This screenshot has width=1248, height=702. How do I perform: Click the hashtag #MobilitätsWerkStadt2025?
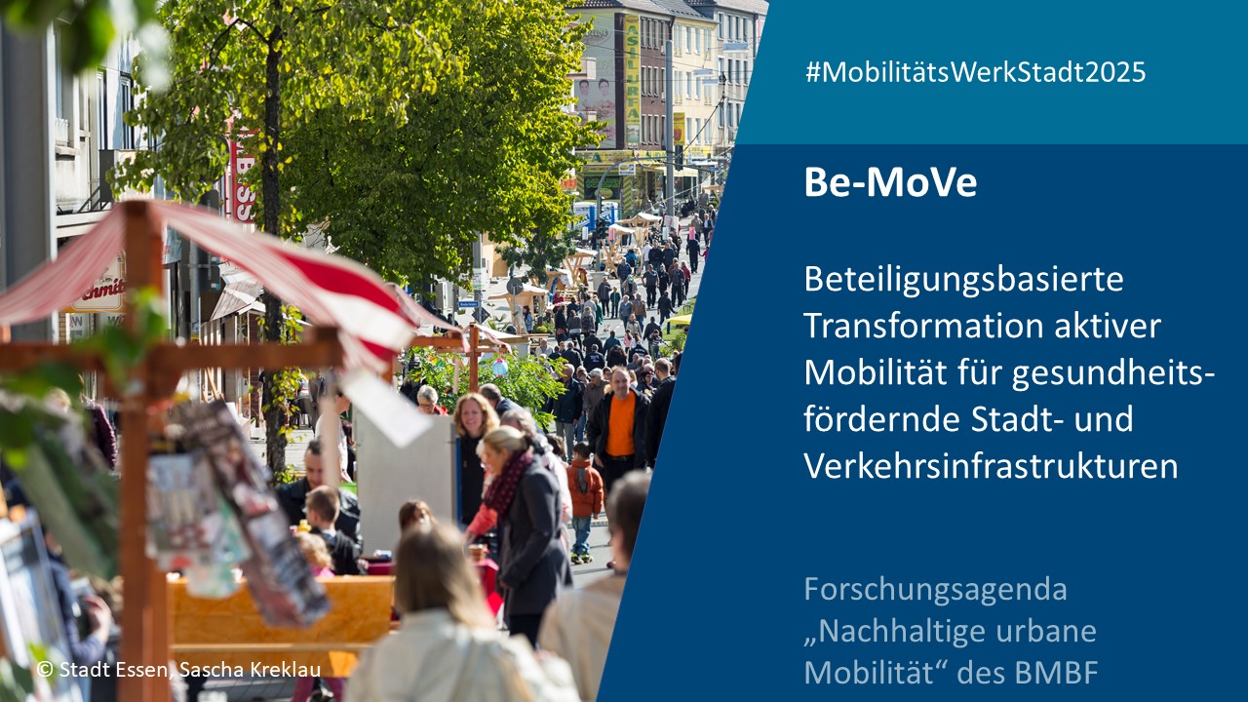pos(975,73)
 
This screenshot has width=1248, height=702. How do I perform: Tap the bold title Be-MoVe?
pos(890,182)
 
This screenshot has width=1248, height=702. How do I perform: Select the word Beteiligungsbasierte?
pos(963,280)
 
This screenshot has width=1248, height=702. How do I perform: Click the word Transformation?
pos(923,326)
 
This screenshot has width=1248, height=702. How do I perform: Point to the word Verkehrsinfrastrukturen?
pos(991,465)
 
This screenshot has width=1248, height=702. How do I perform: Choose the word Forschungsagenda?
pos(935,591)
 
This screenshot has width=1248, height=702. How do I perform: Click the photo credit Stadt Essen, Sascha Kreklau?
pos(178,669)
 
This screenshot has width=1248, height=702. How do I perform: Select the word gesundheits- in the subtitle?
pos(1112,374)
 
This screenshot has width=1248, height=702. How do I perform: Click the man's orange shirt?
pos(620,424)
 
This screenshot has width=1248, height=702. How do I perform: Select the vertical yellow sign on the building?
pos(631,80)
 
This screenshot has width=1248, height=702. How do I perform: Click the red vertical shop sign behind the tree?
pos(244,175)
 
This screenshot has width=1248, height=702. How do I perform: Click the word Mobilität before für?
pos(875,372)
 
